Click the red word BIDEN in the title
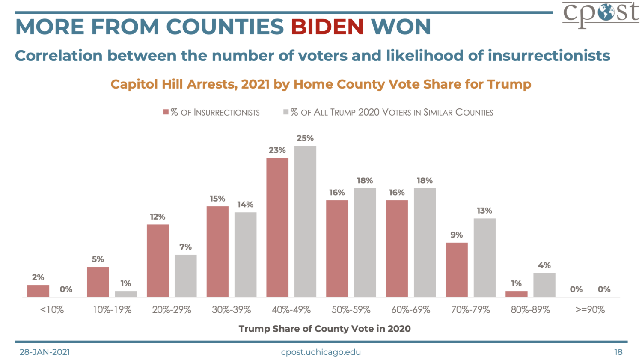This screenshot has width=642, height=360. coord(327,27)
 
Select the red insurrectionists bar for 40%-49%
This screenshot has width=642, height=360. coord(277,227)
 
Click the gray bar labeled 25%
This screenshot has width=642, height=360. coord(305,221)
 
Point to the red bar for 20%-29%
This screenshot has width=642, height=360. coord(158,261)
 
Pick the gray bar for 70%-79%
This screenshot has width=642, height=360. coord(484,258)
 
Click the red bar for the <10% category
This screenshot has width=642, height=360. coord(38,291)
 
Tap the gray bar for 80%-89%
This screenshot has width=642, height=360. coord(544,285)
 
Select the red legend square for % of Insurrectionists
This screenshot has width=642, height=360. coord(166,112)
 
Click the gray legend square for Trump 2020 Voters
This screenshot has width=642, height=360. coord(286,112)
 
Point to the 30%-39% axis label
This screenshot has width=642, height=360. coord(231,310)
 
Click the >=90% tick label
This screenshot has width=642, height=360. coord(590,310)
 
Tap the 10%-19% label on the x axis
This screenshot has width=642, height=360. coord(112,310)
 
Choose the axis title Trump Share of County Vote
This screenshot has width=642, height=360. coord(324,329)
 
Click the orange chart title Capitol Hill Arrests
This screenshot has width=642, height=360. coord(321,84)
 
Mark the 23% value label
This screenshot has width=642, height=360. coord(277,150)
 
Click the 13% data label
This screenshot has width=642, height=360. coord(484,211)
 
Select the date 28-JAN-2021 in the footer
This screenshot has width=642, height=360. coord(45,352)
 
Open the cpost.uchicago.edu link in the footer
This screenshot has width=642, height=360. coord(321,352)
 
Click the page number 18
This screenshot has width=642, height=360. coord(618,352)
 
